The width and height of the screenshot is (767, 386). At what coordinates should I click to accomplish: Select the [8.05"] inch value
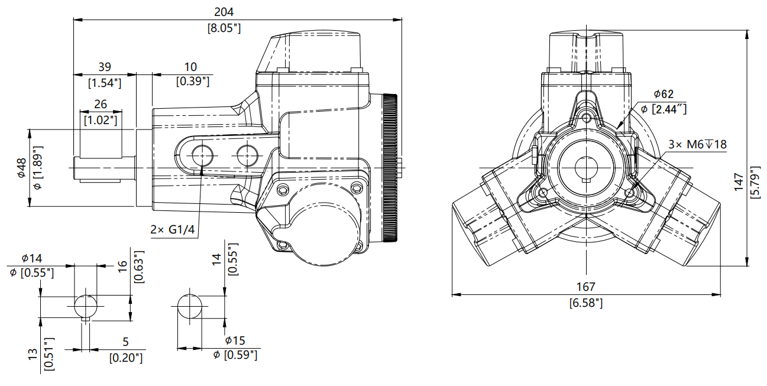[224, 28]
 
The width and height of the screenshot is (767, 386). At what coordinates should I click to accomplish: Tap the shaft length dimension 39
[104, 67]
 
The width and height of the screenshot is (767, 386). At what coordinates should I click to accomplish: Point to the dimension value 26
[101, 105]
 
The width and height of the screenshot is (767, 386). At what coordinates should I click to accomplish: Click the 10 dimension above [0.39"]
[190, 67]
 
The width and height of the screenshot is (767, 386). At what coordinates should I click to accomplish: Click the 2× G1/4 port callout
[172, 229]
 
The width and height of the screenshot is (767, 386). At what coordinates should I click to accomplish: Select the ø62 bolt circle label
[664, 94]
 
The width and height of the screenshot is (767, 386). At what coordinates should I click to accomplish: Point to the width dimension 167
[585, 287]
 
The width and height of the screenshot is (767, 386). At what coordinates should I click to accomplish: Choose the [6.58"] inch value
[585, 303]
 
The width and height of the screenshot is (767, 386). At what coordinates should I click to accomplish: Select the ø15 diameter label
[235, 340]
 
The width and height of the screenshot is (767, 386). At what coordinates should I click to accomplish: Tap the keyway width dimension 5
[125, 342]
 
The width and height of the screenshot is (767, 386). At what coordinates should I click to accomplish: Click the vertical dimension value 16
[122, 268]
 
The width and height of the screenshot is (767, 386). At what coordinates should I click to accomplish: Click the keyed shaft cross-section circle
[86, 306]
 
